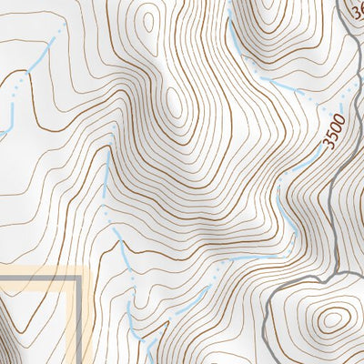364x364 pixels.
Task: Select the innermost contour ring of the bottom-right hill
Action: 332,319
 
